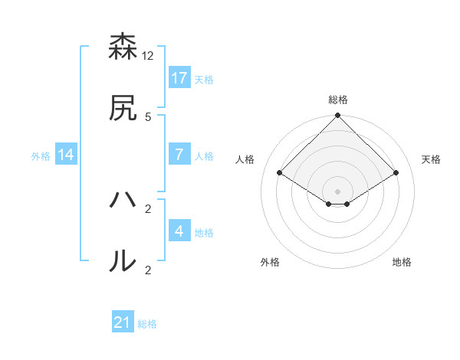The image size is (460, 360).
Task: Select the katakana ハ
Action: pos(123,201)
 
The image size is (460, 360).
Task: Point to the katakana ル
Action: pos(123,261)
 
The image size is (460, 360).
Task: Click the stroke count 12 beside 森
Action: pos(148,56)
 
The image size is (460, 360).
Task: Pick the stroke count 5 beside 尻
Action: pos(148,116)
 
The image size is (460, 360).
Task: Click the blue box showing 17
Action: pos(179,77)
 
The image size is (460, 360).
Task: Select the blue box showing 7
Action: pos(179,154)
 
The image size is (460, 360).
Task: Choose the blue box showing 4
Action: pos(179,231)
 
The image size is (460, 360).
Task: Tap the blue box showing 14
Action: pos(66,154)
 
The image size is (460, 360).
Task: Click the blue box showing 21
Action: pos(123,322)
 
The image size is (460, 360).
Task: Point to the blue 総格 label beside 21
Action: pos(147,324)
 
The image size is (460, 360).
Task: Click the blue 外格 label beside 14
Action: pos(41,155)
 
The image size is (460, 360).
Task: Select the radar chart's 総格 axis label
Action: pos(338,100)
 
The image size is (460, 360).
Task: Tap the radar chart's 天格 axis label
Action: pos(431,159)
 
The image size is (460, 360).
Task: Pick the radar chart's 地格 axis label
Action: pos(402,262)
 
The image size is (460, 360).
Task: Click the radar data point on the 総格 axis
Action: pos(338,116)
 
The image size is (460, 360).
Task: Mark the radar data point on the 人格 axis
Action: pos(280,172)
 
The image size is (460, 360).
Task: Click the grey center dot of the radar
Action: pos(338,191)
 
